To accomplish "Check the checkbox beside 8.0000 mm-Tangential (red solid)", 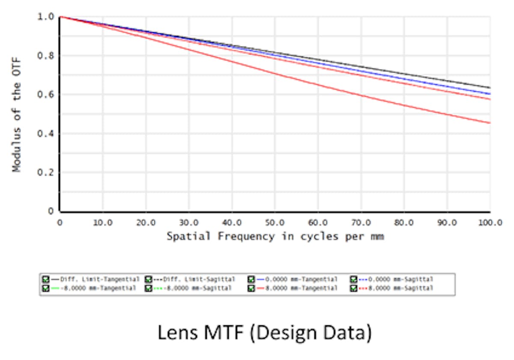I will [251, 289].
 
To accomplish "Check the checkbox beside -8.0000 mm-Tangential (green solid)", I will [46, 289].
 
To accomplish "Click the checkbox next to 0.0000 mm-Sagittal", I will [354, 280].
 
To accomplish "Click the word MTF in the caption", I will [221, 333].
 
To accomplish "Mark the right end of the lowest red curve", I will [490, 123].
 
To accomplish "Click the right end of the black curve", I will [490, 88].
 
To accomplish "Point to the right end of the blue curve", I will [490, 94].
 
